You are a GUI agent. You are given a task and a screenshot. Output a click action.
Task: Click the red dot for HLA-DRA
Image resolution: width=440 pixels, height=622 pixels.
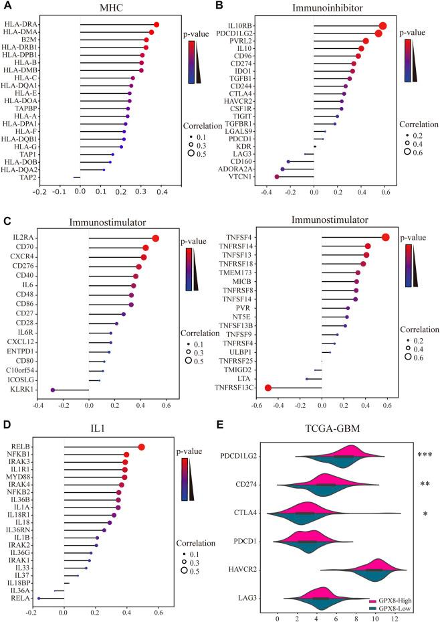coord(156,25)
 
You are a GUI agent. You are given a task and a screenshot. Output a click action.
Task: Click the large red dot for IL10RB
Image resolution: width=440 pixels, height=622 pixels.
coord(383,26)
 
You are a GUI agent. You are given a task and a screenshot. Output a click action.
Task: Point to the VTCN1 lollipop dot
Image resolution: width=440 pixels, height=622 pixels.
coord(278,177)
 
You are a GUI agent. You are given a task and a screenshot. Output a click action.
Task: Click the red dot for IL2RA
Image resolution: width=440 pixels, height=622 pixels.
coord(156,238)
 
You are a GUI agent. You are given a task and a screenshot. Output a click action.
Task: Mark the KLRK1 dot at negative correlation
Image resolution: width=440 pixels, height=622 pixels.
coord(53,389)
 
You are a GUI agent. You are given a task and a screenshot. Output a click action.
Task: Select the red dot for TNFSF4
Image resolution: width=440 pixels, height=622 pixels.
coord(385,237)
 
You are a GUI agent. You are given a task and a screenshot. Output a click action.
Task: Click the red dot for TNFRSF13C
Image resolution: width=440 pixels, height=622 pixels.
coord(268,388)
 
